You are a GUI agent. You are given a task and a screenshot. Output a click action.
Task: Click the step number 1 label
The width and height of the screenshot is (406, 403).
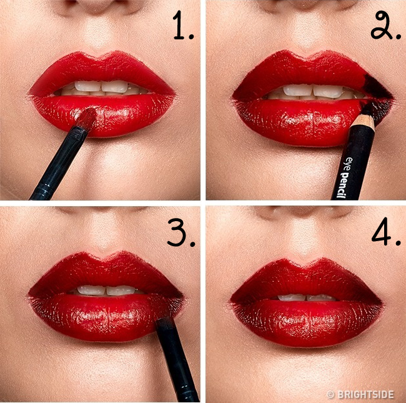pos(183,26)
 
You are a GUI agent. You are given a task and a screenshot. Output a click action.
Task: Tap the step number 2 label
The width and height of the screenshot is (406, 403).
pos(385,26)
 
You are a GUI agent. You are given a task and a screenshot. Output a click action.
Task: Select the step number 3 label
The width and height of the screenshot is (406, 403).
pos(181,232)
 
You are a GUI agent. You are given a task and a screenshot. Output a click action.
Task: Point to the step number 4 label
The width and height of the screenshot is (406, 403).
pos(386,232)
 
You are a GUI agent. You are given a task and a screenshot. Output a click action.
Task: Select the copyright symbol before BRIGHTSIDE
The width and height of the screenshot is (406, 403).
pos(330,395)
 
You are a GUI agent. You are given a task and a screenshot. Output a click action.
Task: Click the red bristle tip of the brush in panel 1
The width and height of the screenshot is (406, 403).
pos(87,118)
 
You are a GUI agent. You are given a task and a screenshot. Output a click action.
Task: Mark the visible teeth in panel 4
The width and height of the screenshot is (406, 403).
pos(307,297)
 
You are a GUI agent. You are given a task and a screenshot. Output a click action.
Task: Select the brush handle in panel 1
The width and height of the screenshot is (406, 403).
pos(58,164)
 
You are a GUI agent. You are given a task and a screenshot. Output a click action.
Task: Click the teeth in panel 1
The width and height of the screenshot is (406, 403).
pos(101,88)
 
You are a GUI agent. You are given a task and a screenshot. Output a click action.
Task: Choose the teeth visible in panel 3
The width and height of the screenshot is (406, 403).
pos(107,291)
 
